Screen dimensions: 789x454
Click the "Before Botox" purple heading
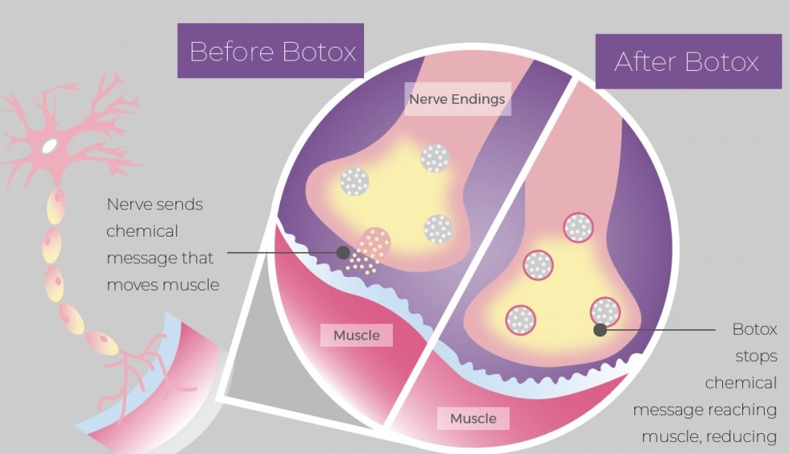(271, 52)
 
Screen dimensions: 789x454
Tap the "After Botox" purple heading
(686, 61)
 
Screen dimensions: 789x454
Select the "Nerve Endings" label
(456, 99)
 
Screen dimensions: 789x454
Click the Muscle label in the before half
(356, 335)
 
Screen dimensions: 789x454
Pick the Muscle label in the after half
(473, 418)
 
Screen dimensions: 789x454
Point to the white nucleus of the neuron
(50, 147)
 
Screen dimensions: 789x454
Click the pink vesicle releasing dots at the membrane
(374, 243)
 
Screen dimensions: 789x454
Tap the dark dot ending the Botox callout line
(600, 329)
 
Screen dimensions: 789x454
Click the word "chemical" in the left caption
(143, 231)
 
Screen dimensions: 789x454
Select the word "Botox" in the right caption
(754, 329)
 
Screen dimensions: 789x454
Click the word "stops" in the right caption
(756, 356)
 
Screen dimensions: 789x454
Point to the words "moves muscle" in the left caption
(163, 285)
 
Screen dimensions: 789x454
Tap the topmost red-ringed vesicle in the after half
(578, 228)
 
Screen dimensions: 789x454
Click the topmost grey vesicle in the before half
(435, 159)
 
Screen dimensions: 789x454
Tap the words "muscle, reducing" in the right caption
(708, 436)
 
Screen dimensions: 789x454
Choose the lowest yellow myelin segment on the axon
(103, 343)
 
